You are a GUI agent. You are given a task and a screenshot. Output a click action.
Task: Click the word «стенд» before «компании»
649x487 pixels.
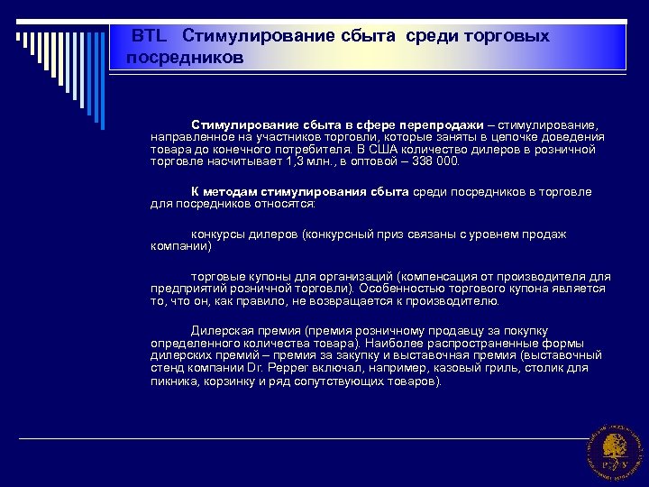point(167,369)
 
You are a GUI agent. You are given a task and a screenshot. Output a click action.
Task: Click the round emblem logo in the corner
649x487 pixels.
point(614,449)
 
